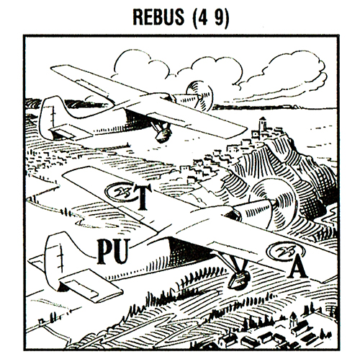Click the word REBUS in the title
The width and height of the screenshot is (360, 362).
point(158,17)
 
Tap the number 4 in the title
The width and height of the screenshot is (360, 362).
point(202,17)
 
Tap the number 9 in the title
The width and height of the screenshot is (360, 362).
point(219,17)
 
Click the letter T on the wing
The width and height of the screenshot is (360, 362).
point(143,197)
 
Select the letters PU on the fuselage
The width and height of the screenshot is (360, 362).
point(113,251)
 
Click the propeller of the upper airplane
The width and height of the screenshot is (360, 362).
point(199,96)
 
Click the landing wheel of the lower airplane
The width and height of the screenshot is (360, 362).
point(238,280)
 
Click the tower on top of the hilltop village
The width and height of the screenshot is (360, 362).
point(262,125)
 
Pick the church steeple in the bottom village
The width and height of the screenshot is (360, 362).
point(293,319)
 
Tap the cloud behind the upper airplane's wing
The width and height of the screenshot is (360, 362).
point(142,67)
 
